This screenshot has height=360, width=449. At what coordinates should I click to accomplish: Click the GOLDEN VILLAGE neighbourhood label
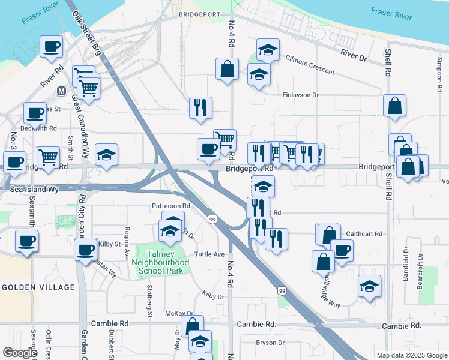click(x=38, y=287)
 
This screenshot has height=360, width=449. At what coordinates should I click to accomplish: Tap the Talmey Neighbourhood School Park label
click(x=164, y=263)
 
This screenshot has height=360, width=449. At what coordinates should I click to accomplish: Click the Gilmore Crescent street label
click(x=310, y=67)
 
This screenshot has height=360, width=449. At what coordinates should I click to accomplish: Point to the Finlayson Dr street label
click(x=300, y=95)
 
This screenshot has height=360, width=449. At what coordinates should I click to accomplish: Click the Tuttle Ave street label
click(x=209, y=254)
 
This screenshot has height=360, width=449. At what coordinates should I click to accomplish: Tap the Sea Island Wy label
click(x=35, y=189)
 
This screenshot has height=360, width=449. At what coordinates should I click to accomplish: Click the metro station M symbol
click(x=61, y=91)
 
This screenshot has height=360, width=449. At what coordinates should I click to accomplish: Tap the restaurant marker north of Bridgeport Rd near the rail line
click(x=200, y=107)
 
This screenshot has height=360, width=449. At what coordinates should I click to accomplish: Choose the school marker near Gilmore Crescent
click(x=268, y=50)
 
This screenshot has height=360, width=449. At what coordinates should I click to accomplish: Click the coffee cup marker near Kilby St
click(x=85, y=248)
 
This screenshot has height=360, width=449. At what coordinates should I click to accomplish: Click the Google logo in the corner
click(x=20, y=353)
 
